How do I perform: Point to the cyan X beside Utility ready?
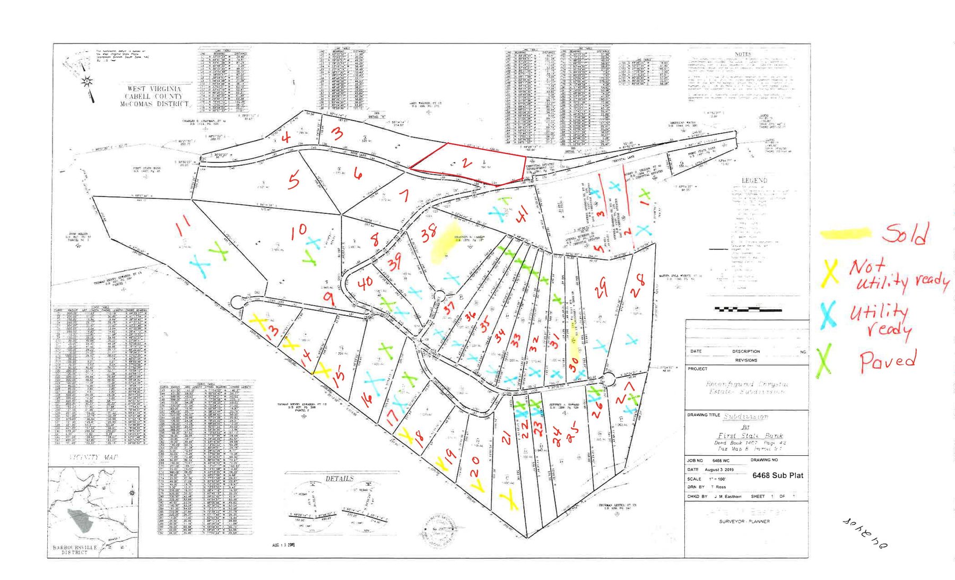tap(827, 314)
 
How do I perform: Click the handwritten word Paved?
tap(888, 360)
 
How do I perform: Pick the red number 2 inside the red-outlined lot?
tap(466, 163)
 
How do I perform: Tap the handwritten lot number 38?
tap(429, 232)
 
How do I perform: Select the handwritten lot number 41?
tap(523, 215)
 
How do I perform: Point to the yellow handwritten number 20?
tap(476, 473)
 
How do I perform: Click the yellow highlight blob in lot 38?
tap(444, 248)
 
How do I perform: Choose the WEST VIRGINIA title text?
tap(154, 89)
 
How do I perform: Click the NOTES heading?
tap(743, 54)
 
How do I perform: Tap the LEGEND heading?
tap(754, 180)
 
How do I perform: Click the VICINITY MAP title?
tap(94, 457)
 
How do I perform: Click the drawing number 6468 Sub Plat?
tap(777, 475)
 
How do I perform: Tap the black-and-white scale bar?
tap(748, 309)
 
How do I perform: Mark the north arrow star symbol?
tap(87, 81)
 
